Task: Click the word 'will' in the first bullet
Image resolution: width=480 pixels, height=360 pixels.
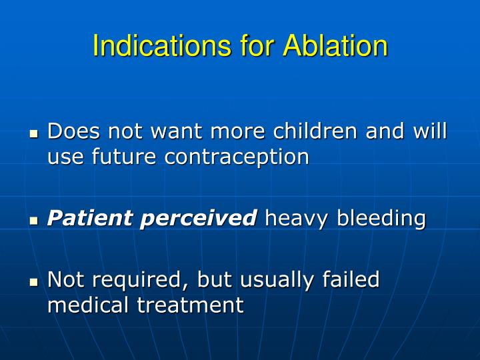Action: [430, 131]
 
